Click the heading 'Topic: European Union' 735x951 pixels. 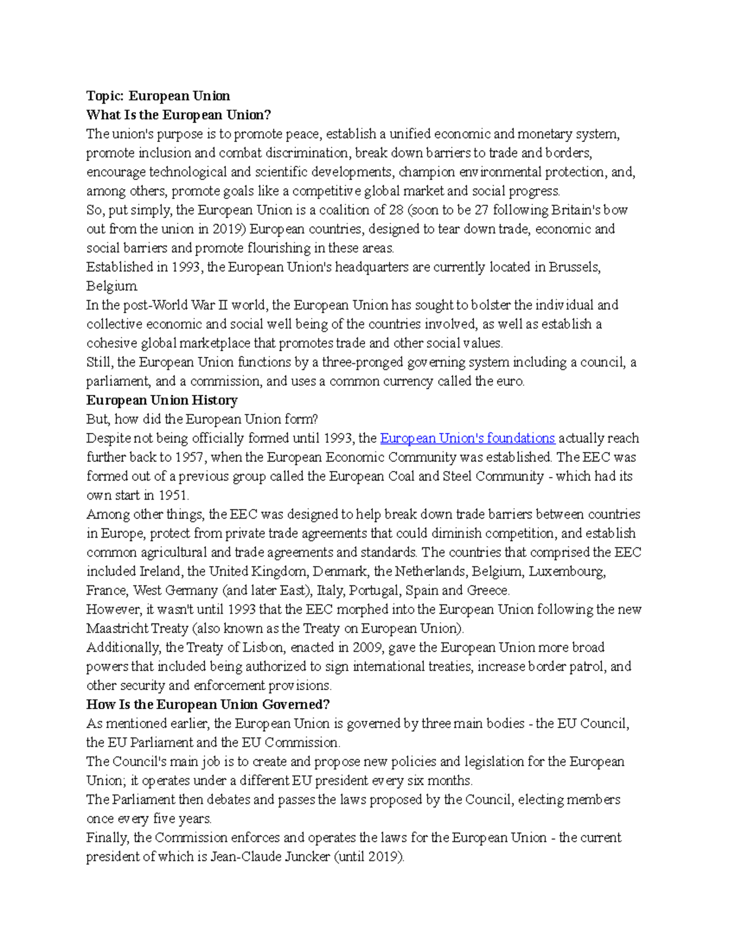tap(158, 96)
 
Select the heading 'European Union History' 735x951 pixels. tap(162, 400)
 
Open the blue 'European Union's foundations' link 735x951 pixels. tap(467, 438)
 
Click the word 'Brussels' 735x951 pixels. tap(573, 267)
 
